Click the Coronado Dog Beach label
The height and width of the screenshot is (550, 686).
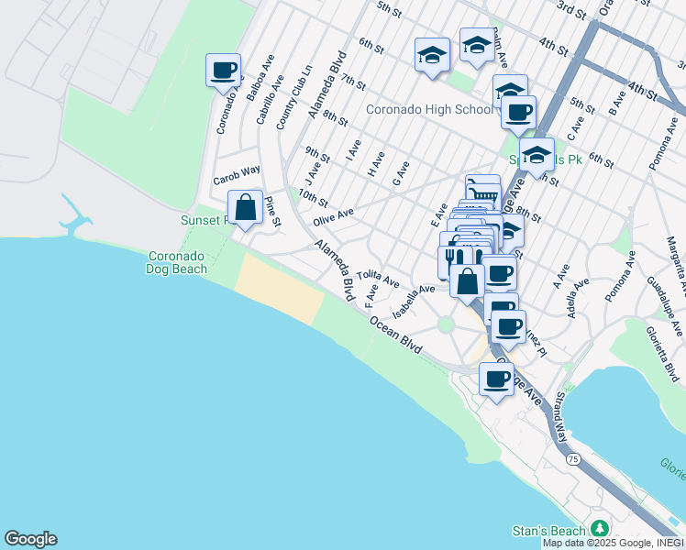[x=178, y=261]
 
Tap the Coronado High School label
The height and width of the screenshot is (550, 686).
[x=429, y=109]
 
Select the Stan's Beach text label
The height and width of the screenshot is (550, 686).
[x=548, y=531]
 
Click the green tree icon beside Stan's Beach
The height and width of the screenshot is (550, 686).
[x=600, y=530]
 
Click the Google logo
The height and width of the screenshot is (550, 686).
[x=30, y=539]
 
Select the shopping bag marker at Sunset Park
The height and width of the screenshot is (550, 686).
[x=246, y=207]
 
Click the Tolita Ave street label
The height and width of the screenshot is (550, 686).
[x=379, y=276]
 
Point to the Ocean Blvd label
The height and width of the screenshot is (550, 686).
[x=395, y=335]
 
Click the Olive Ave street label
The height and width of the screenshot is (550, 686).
[x=333, y=218]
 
